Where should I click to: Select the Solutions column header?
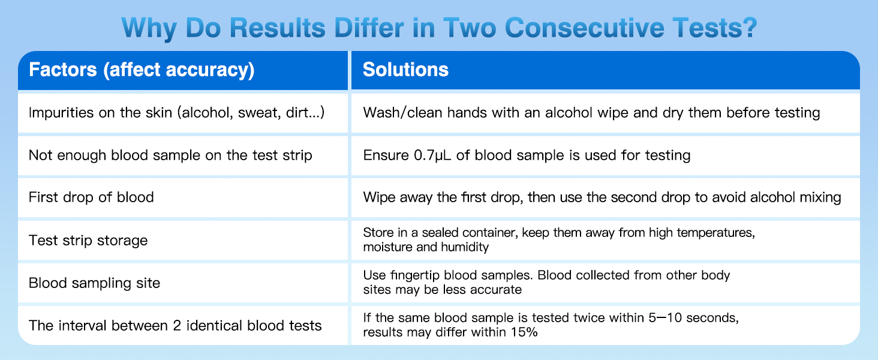[x=406, y=70]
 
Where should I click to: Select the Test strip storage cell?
[x=88, y=241]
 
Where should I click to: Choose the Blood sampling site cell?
[x=94, y=282]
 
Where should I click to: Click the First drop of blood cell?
[x=91, y=197]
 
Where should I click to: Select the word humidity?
[x=470, y=247]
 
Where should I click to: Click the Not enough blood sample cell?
[x=170, y=155]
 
